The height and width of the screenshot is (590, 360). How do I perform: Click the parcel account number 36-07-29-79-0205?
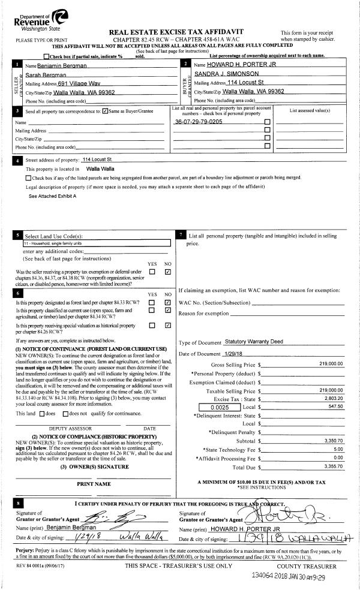199,121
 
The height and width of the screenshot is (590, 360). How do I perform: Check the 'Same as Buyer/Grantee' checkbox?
105,111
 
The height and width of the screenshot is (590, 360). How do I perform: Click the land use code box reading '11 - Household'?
88,244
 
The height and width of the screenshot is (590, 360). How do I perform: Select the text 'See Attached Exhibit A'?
53,196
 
